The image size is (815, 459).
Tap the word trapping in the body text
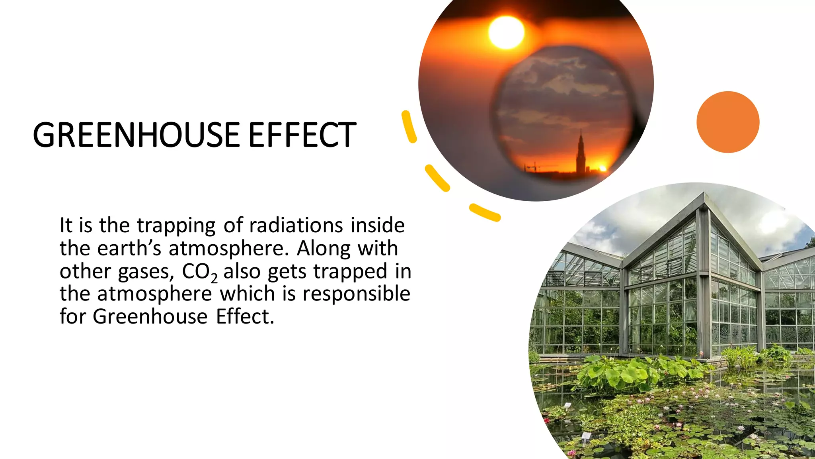[176, 226]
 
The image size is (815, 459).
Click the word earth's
[129, 248]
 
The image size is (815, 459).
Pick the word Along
[322, 248]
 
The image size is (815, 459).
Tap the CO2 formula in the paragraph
[199, 272]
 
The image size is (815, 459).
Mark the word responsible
[356, 294]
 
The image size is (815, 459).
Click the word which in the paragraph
[248, 294]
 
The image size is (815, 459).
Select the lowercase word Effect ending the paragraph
[245, 317]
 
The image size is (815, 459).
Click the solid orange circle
[728, 122]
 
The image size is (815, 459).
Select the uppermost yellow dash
[409, 126]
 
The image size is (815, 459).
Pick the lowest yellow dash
[484, 212]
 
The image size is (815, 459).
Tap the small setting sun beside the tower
[602, 169]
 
